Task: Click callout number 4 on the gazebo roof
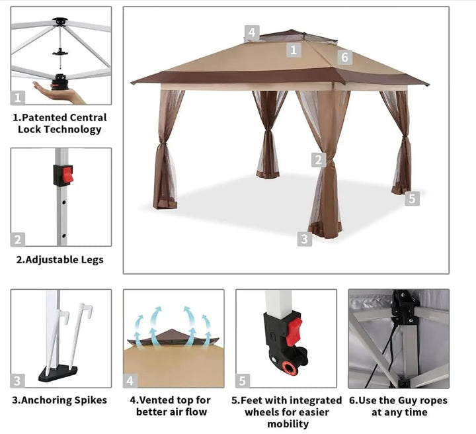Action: (x=251, y=32)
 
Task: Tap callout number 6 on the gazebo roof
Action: (x=344, y=57)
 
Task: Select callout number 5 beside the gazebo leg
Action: (x=412, y=198)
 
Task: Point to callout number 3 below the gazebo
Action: (x=304, y=239)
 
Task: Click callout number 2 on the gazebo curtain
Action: (x=319, y=159)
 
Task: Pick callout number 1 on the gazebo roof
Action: (x=294, y=49)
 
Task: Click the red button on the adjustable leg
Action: (x=66, y=175)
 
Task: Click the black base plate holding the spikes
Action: (x=58, y=373)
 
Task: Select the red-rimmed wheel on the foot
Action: (x=289, y=367)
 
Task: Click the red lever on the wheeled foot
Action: (x=293, y=330)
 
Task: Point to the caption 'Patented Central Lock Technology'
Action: (x=59, y=123)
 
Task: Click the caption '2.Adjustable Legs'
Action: (x=60, y=259)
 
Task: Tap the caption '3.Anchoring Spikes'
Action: (x=59, y=400)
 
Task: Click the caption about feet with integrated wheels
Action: (x=286, y=412)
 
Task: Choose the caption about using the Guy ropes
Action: (x=399, y=406)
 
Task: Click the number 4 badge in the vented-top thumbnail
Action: (x=130, y=380)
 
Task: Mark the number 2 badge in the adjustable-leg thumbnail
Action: (x=18, y=239)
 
